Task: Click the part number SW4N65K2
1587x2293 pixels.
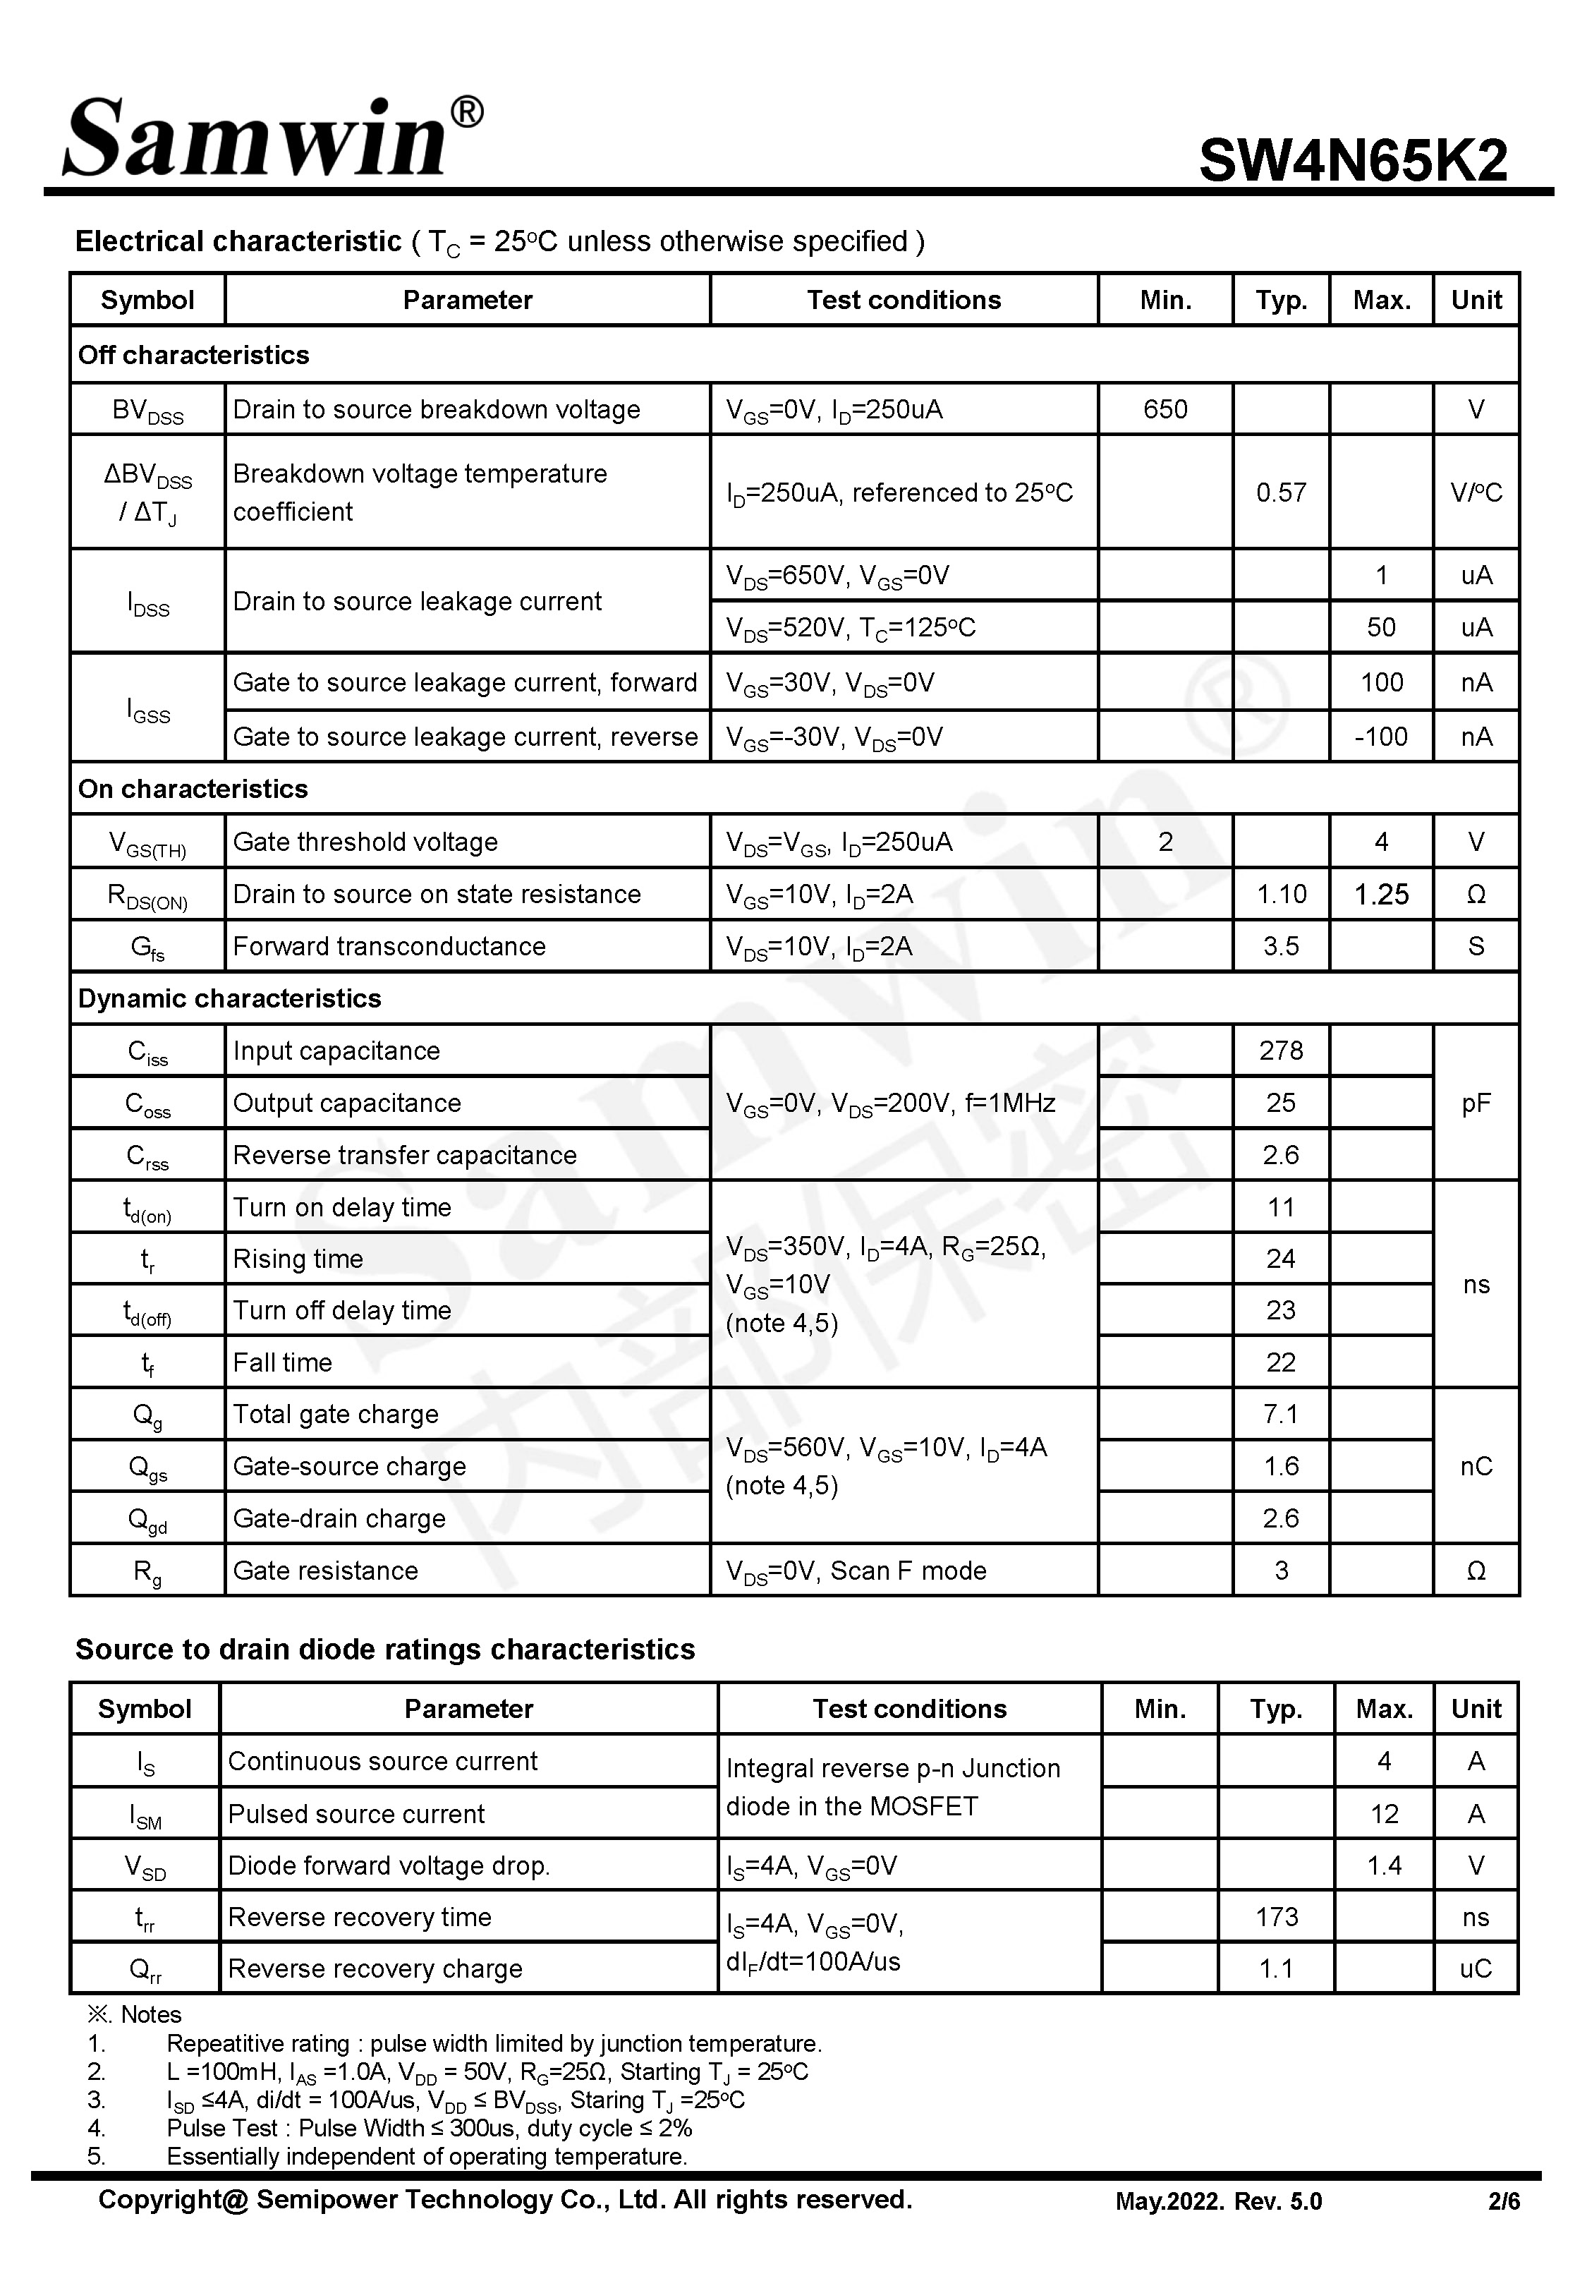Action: click(x=1352, y=160)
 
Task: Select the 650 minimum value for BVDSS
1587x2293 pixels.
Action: click(x=1165, y=410)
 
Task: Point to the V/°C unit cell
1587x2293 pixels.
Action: click(x=1476, y=492)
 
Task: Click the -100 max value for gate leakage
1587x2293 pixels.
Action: click(x=1380, y=737)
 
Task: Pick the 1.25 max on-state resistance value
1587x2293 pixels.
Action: click(x=1381, y=894)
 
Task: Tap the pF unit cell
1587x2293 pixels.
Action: click(x=1476, y=1103)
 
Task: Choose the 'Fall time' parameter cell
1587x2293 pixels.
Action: click(x=282, y=1362)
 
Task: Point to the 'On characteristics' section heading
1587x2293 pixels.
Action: click(x=193, y=789)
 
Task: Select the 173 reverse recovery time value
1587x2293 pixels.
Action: click(x=1276, y=1916)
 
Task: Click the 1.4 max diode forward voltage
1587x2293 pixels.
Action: click(x=1383, y=1865)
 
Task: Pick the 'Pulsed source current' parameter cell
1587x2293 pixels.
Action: click(x=356, y=1814)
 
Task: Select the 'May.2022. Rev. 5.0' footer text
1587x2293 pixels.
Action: click(x=1218, y=2201)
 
